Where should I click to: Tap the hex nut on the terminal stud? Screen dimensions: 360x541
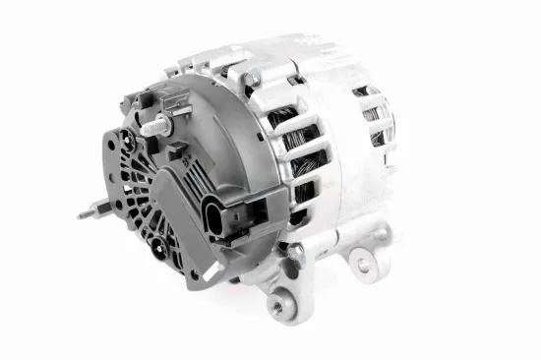pyautogui.click(x=163, y=125)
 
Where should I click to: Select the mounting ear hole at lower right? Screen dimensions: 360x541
pyautogui.click(x=364, y=263)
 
